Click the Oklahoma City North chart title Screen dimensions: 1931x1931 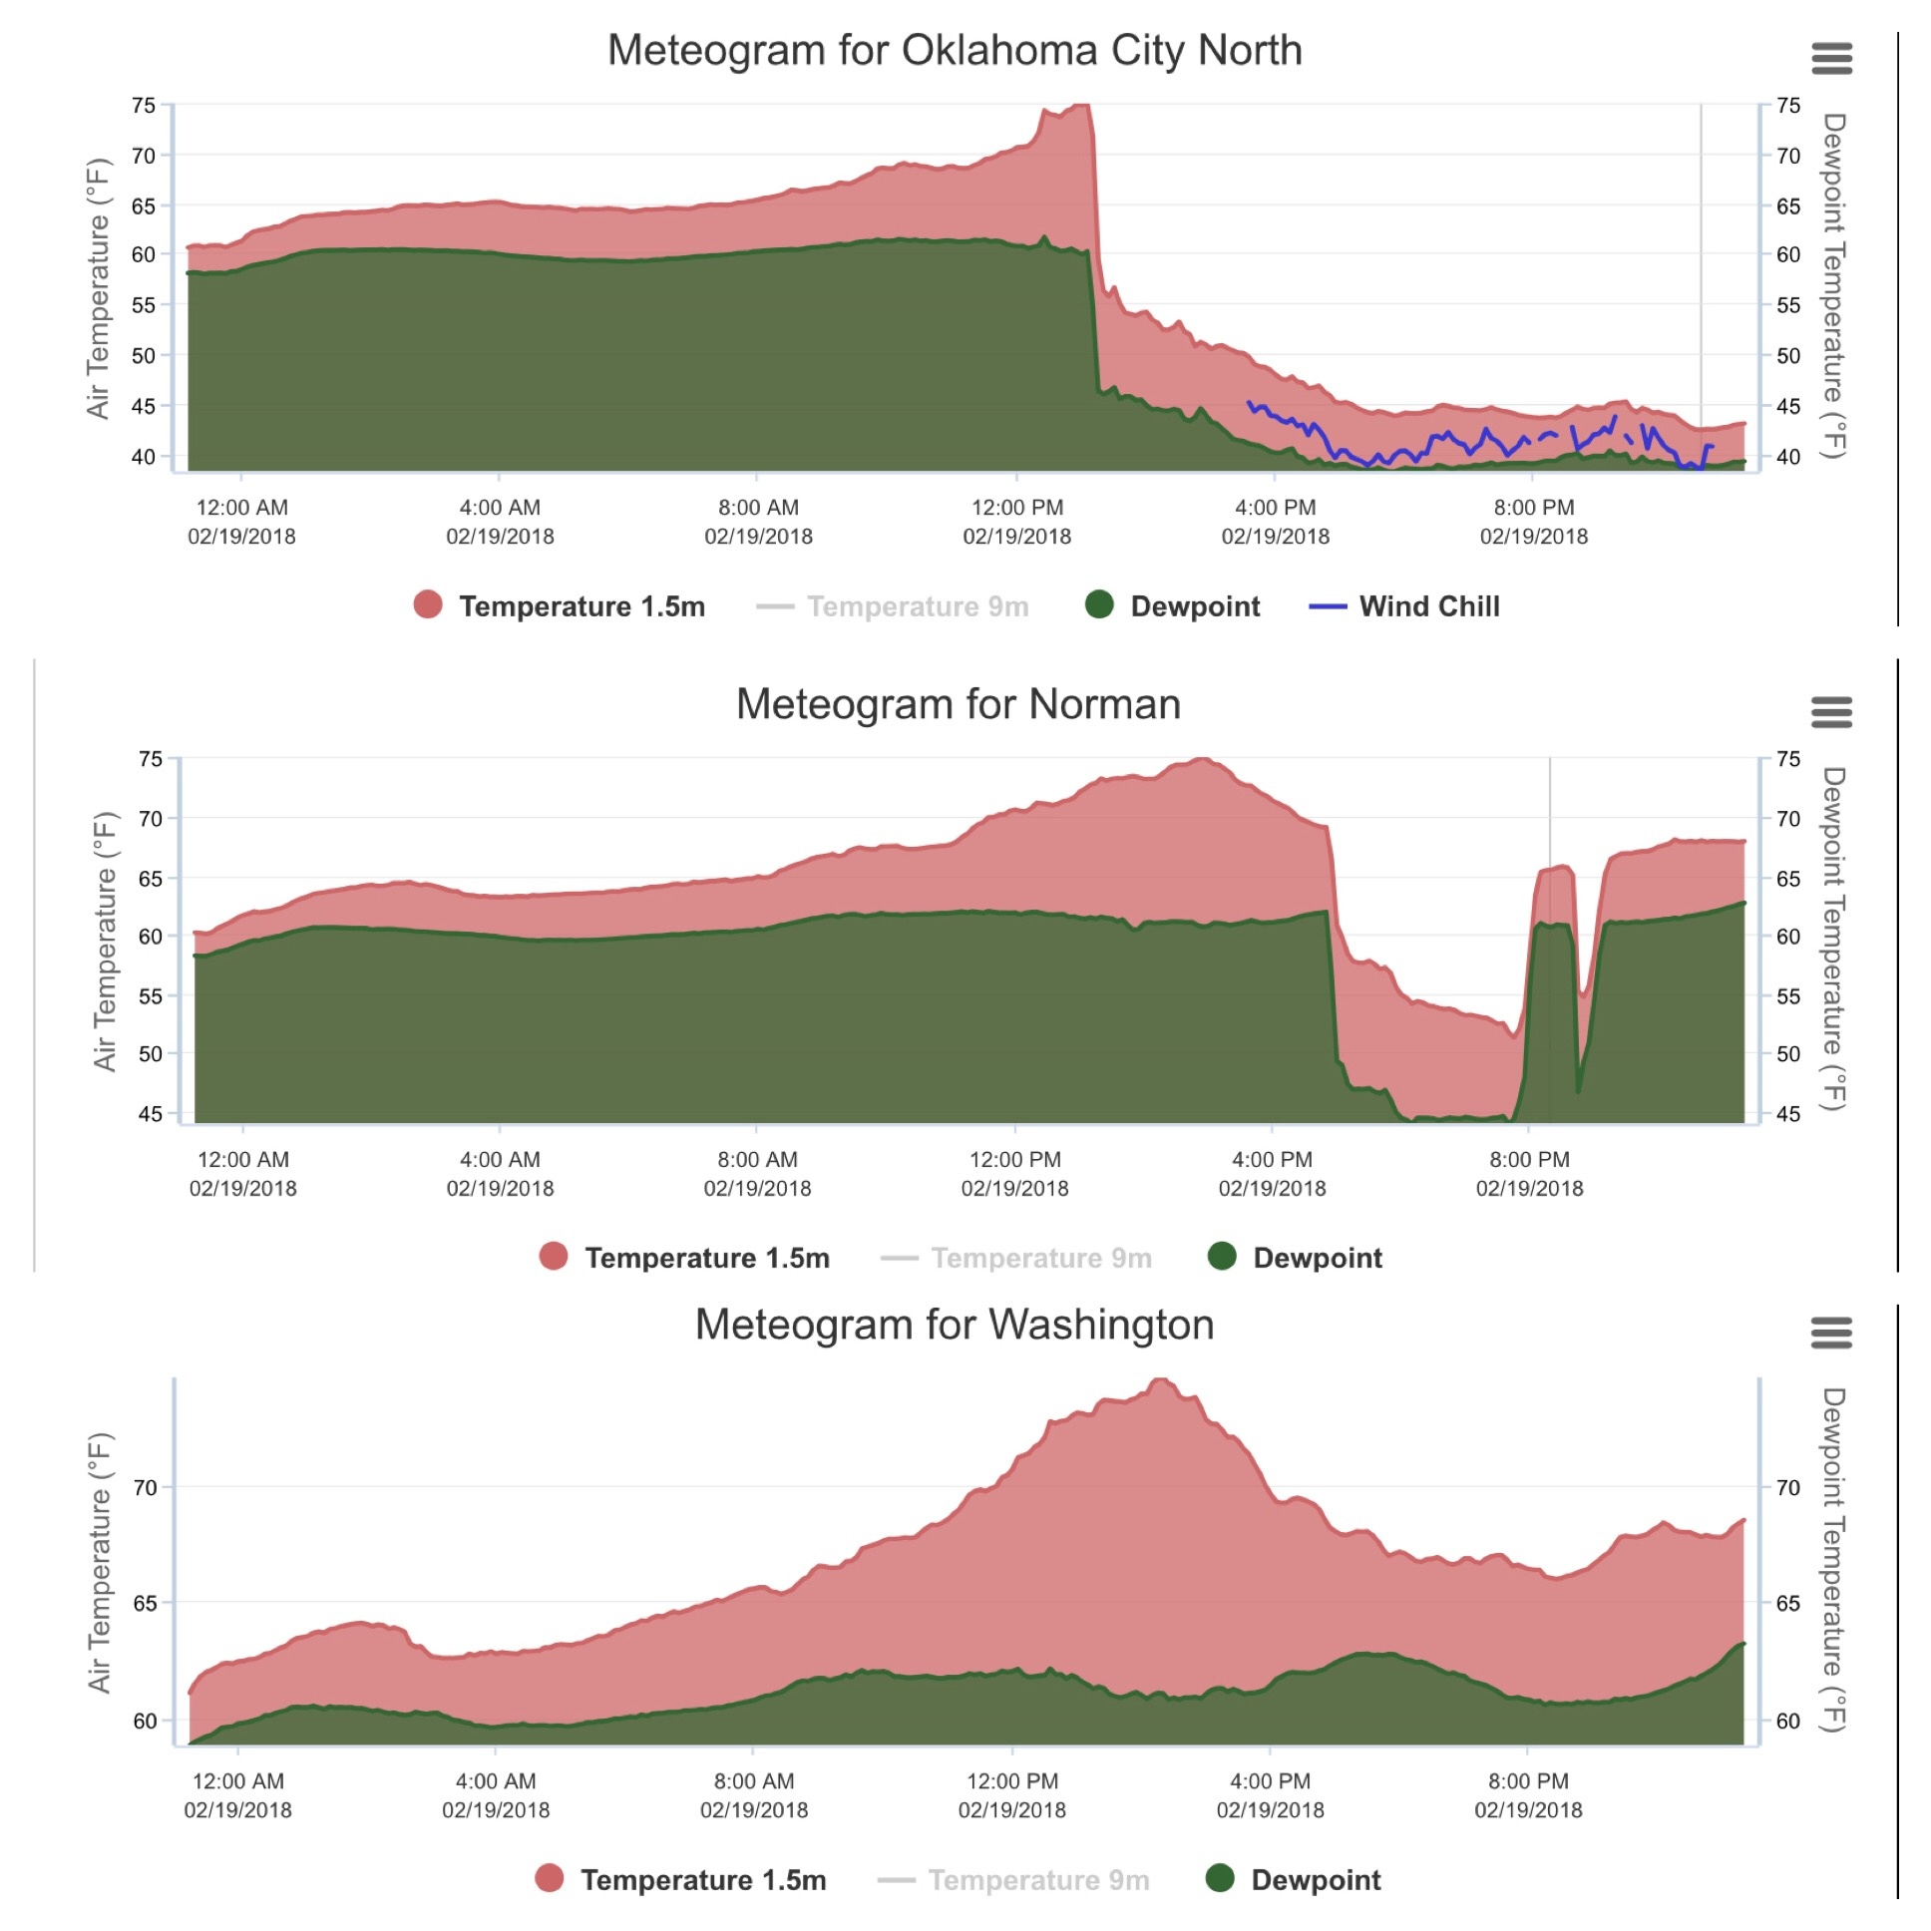point(955,50)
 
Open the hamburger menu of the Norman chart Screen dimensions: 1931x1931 point(1831,712)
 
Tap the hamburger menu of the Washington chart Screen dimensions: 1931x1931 point(1831,1333)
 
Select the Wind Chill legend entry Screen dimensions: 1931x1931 point(1404,606)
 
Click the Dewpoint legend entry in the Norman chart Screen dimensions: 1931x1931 point(1296,1258)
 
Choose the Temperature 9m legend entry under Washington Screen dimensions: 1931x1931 point(1013,1880)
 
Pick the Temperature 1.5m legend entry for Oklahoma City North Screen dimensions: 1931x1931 point(560,606)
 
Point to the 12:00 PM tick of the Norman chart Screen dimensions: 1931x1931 point(1014,1173)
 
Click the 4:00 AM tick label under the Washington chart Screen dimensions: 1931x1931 point(496,1795)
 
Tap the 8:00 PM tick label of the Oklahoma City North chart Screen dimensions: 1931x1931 point(1533,522)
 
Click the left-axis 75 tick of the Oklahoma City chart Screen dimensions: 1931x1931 point(144,105)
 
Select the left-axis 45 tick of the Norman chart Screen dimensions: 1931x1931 point(150,1113)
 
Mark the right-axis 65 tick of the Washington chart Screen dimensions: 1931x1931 point(1788,1603)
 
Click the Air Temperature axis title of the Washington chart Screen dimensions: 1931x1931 point(100,1562)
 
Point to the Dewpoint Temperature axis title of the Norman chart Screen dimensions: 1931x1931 point(1832,940)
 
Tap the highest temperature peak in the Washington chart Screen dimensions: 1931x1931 point(1160,1381)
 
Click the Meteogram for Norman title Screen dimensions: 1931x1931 point(958,704)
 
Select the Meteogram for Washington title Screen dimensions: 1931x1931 point(955,1325)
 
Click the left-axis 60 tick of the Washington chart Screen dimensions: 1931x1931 point(146,1721)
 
